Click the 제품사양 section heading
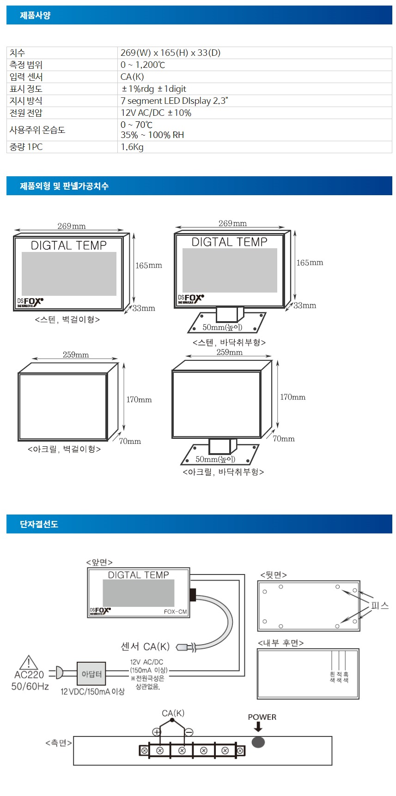[35, 15]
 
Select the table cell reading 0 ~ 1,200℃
[143, 65]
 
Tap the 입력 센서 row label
[26, 77]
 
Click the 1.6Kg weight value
[132, 147]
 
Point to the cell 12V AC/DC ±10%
[156, 113]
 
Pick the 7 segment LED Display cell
[174, 101]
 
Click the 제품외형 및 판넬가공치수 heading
[64, 186]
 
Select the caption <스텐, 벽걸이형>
[67, 319]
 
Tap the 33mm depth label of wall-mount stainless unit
[144, 308]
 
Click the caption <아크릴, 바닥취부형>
[223, 472]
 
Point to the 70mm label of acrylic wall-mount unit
[130, 442]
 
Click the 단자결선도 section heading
[39, 524]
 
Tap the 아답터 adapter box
[91, 674]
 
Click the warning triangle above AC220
[29, 663]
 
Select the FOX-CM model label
[175, 612]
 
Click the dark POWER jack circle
[258, 742]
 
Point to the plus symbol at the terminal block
[157, 732]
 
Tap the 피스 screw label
[380, 605]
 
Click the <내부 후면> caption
[280, 643]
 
